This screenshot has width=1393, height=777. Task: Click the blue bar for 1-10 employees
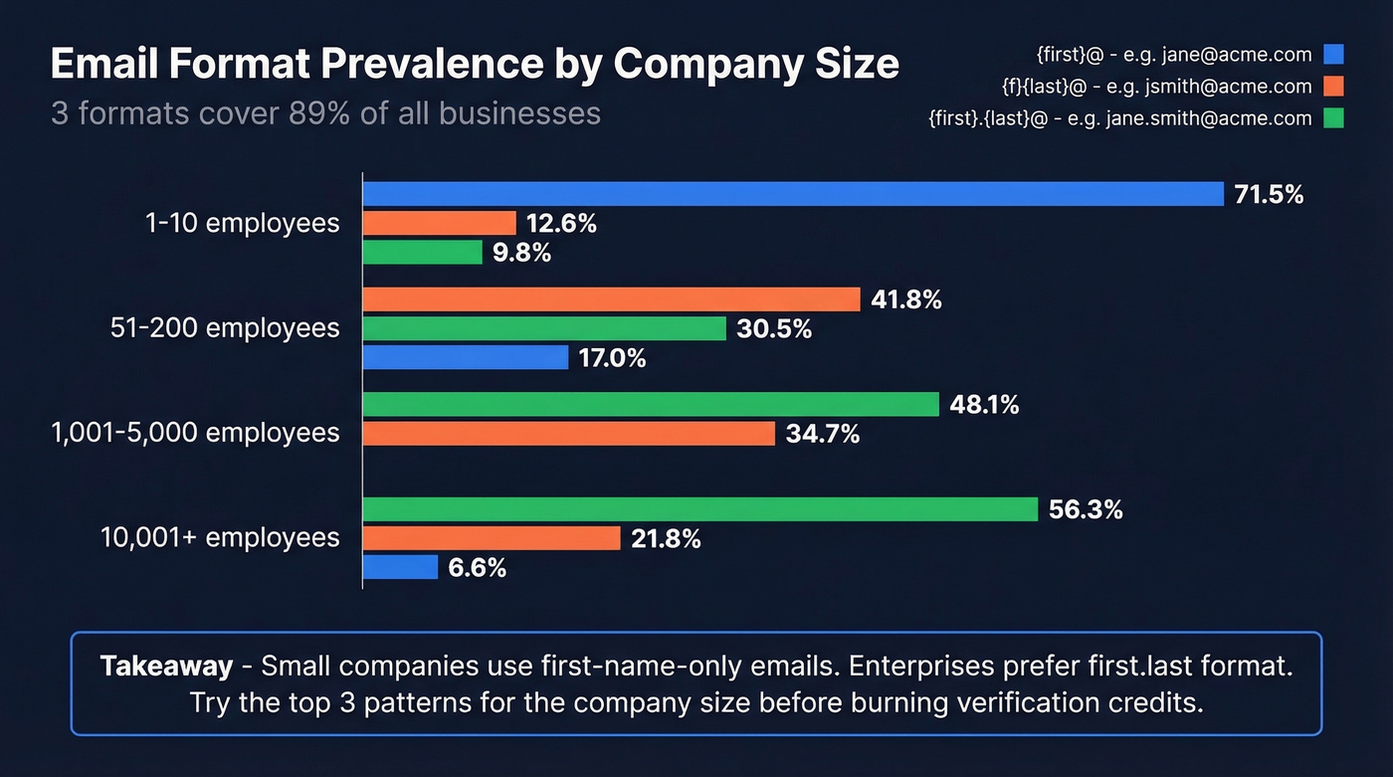tap(792, 194)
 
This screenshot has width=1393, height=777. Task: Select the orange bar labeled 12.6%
tap(439, 223)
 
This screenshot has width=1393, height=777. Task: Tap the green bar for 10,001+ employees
tap(699, 509)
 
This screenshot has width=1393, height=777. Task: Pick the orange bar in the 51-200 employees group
tap(611, 299)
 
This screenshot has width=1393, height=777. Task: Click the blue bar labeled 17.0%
tap(465, 357)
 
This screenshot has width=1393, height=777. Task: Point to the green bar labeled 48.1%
tap(650, 404)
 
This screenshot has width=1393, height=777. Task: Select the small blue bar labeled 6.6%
tap(400, 567)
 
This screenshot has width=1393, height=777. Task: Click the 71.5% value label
tap(1268, 195)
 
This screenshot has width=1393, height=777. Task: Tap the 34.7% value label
tap(822, 434)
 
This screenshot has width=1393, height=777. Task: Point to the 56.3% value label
tap(1085, 509)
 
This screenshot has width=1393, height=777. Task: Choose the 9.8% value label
tap(521, 253)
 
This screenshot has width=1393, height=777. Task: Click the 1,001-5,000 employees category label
tap(195, 433)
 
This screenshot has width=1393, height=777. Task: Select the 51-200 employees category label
tap(225, 328)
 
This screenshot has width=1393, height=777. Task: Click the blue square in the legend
tap(1333, 55)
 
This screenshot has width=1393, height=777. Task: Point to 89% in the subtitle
tap(318, 112)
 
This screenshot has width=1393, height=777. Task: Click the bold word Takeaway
tap(166, 666)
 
